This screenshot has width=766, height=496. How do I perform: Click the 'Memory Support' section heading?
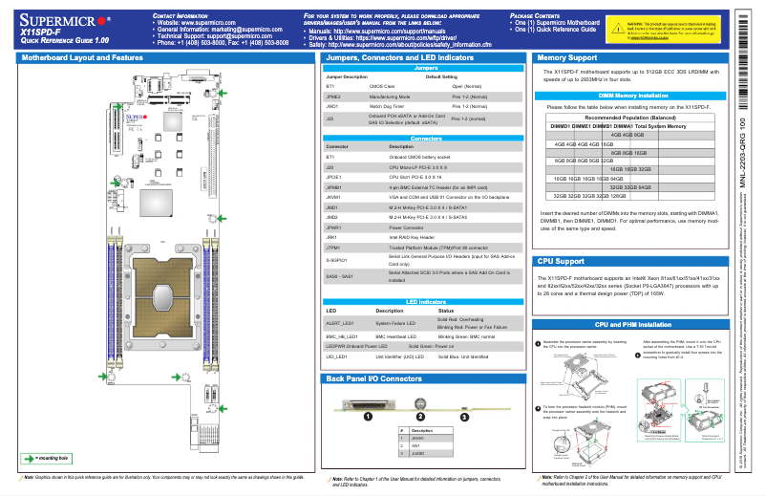(x=570, y=58)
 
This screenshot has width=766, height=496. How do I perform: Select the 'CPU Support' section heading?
(x=562, y=260)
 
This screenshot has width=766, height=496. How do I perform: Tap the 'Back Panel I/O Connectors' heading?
(x=373, y=379)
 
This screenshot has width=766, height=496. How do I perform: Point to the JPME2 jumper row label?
(x=334, y=97)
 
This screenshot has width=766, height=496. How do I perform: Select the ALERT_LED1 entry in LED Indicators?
(x=341, y=324)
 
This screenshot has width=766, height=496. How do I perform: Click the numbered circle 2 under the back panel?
(x=418, y=416)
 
